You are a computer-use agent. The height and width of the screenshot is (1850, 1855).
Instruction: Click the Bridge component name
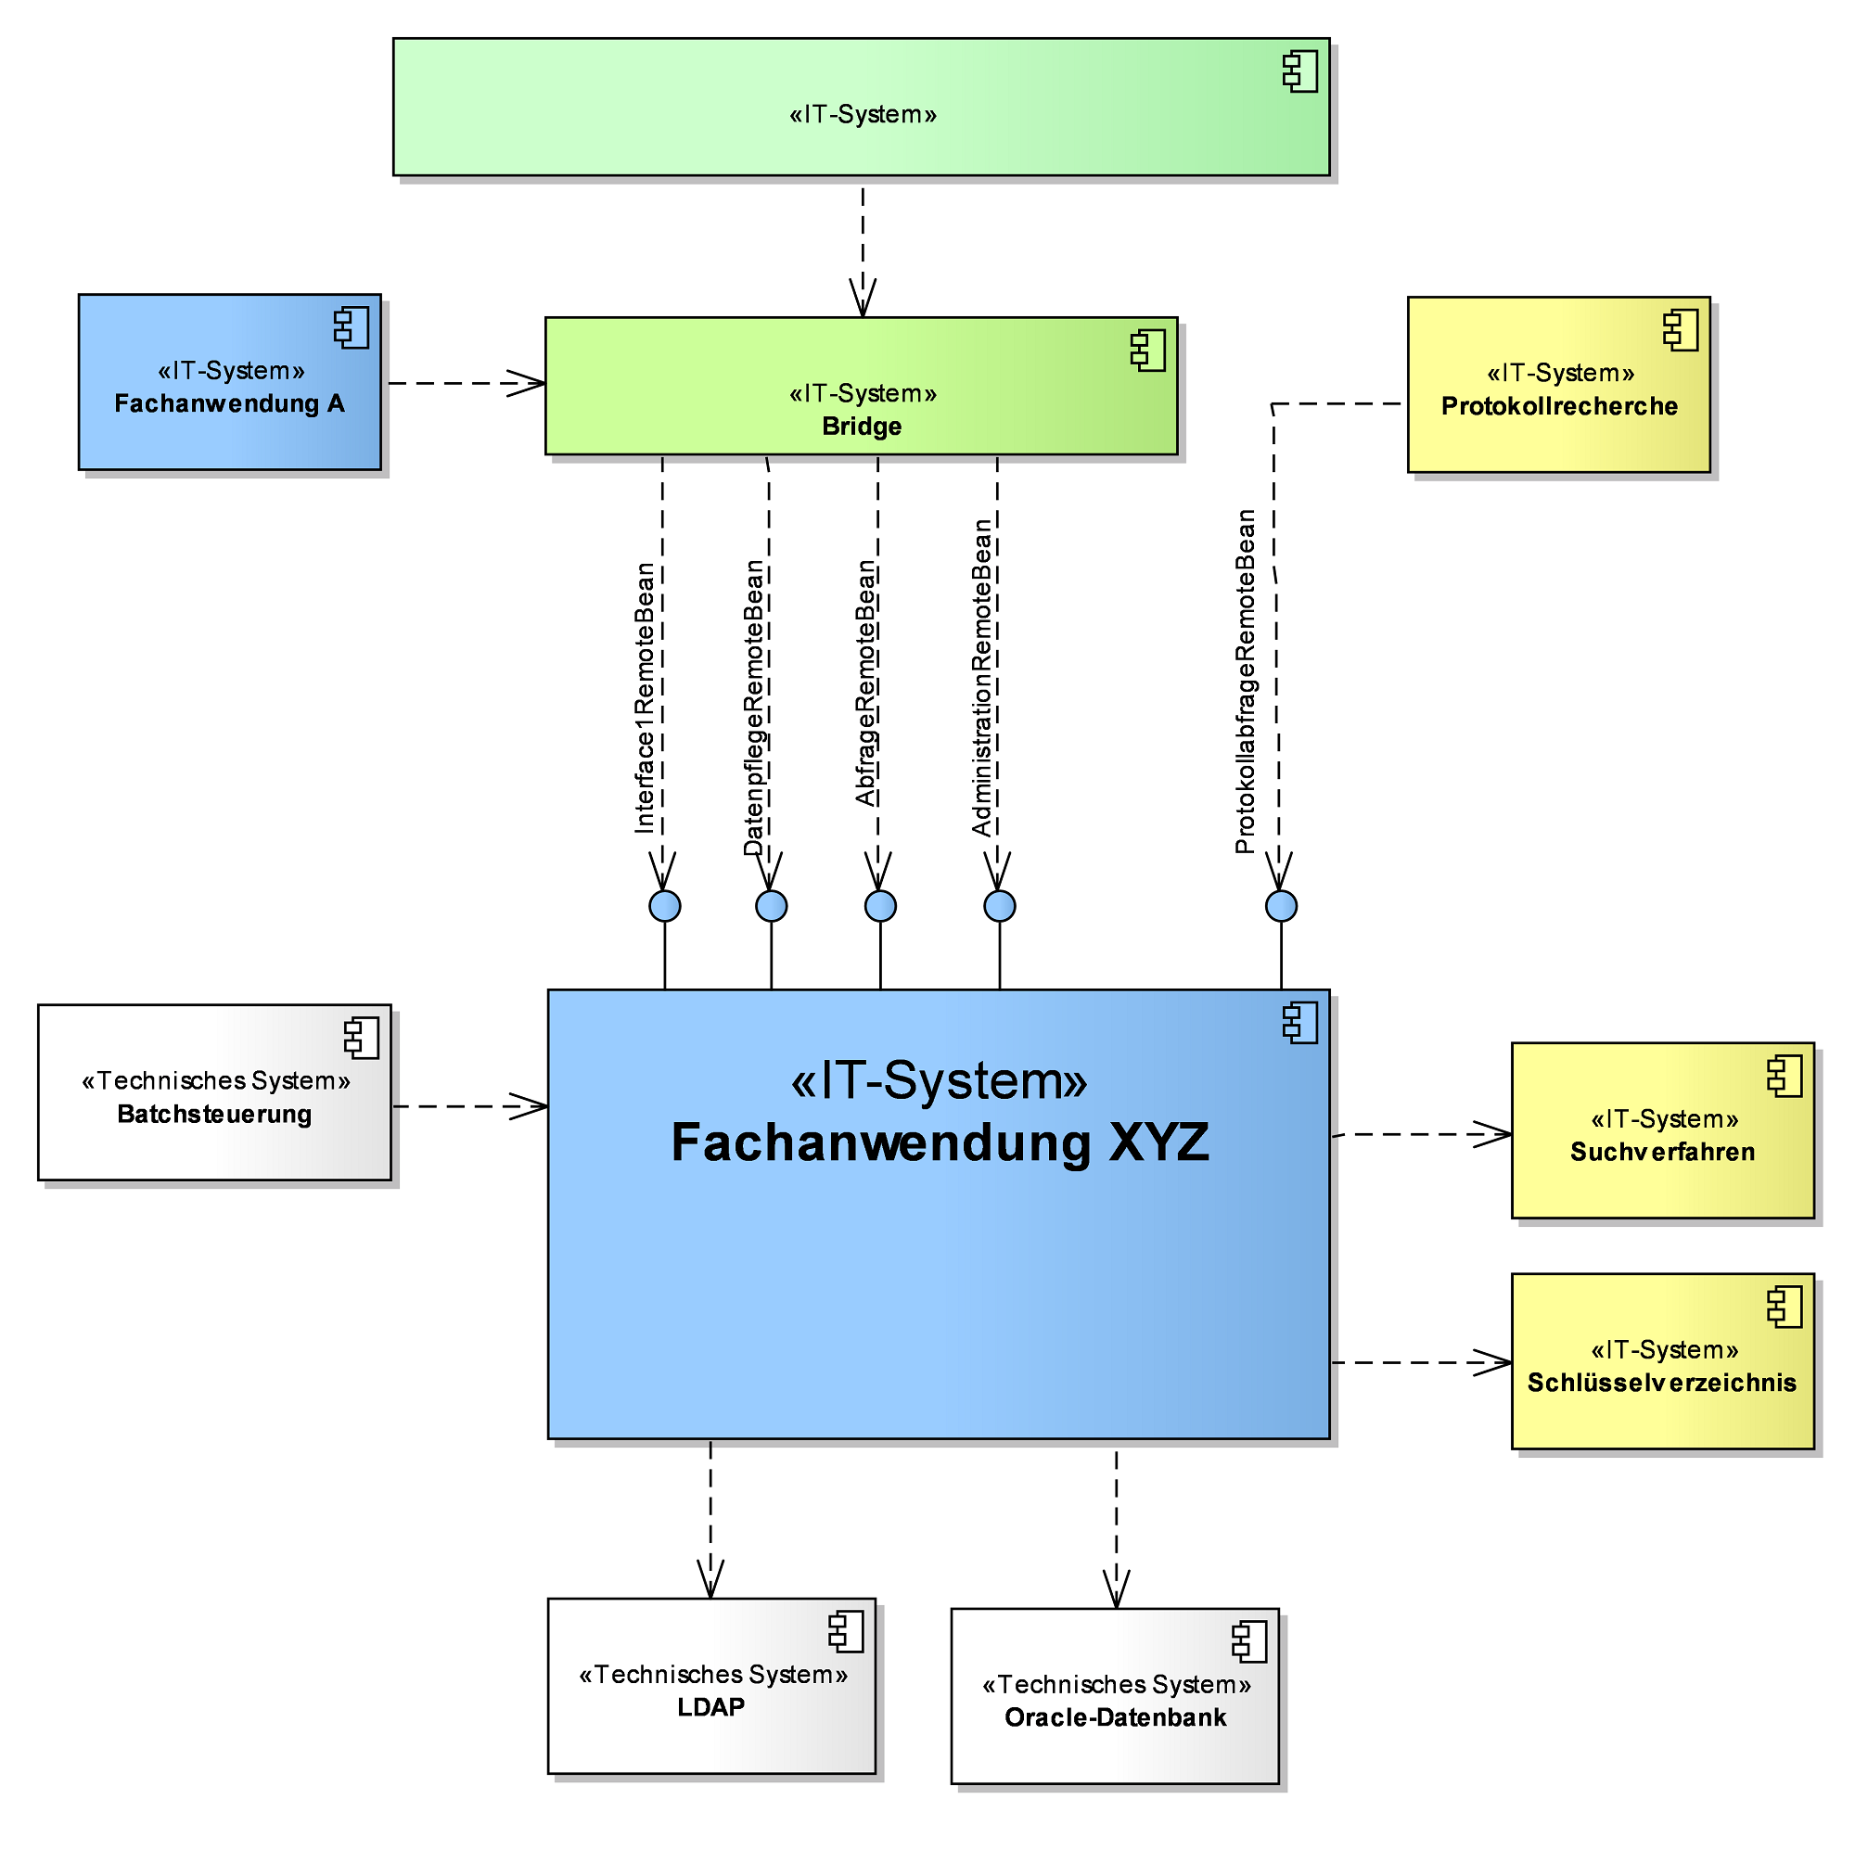tap(862, 427)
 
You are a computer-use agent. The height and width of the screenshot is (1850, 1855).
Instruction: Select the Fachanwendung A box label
tap(229, 403)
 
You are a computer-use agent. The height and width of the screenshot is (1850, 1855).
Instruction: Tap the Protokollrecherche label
tap(1558, 406)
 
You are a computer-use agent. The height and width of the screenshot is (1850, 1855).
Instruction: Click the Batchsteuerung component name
tap(214, 1114)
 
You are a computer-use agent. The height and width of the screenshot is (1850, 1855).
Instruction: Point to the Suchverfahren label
tap(1662, 1151)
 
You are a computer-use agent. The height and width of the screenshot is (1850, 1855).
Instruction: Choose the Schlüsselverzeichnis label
tap(1661, 1383)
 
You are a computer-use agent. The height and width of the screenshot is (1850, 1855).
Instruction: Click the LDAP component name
tap(710, 1707)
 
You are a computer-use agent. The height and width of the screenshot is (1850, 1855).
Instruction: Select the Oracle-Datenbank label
tap(1115, 1717)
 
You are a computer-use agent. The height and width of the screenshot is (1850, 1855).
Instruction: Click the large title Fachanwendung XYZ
tap(939, 1142)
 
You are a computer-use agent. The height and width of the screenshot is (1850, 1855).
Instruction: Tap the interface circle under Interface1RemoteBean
tap(664, 905)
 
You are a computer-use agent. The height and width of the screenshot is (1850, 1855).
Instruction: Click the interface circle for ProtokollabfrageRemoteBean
tap(1281, 905)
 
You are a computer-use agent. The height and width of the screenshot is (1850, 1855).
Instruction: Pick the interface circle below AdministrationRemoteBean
tap(1000, 905)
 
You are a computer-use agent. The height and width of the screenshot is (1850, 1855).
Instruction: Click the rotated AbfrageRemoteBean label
tap(866, 683)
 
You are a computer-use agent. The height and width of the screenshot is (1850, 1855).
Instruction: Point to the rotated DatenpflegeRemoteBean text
tap(755, 707)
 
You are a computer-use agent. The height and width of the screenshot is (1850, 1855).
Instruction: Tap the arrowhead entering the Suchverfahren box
tap(1496, 1134)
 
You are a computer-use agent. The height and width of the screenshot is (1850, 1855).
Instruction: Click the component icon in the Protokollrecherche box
tap(1681, 329)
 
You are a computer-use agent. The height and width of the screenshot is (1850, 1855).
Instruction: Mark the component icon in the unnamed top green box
tap(1300, 72)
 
